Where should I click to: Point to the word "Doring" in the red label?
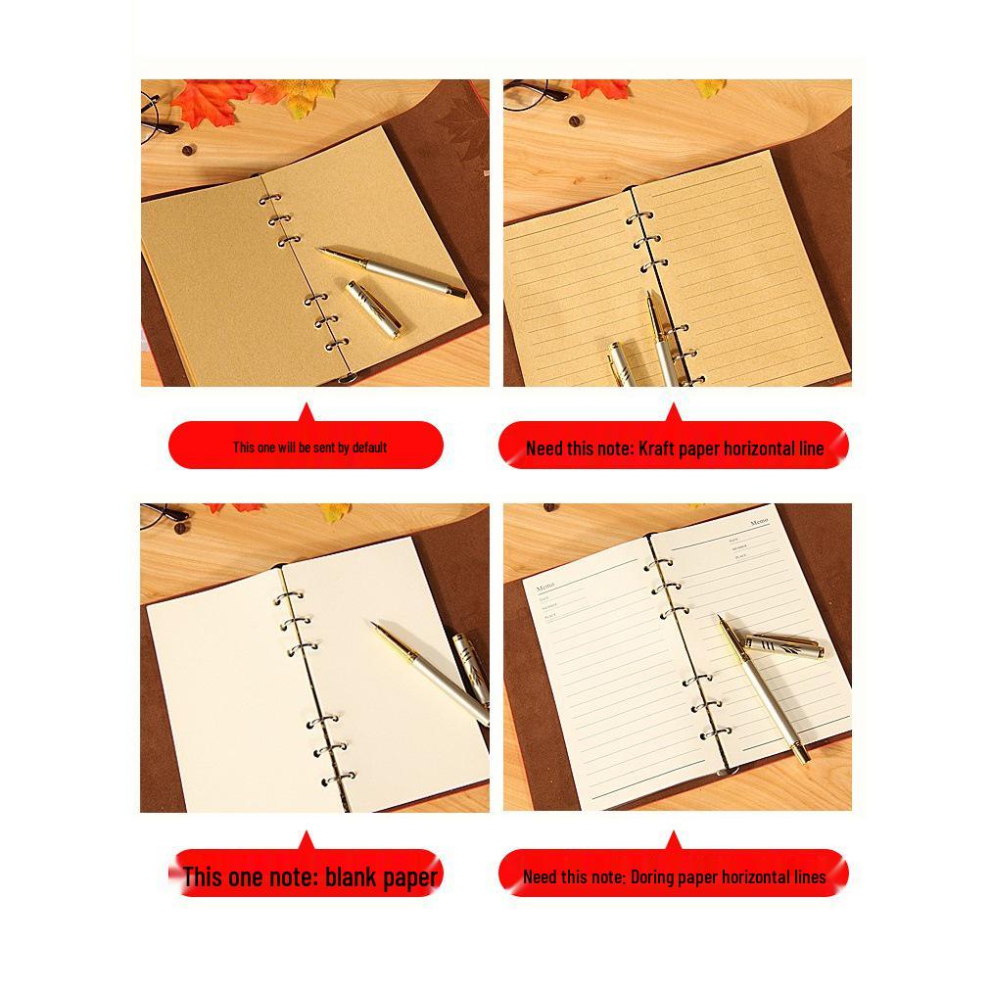[x=653, y=876]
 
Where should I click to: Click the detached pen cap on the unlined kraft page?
[x=373, y=308]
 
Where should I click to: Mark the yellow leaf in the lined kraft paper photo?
[x=711, y=88]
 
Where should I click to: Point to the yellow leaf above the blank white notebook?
[x=335, y=511]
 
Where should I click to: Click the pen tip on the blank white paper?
[x=376, y=626]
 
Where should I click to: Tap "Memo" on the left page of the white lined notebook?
[x=545, y=587]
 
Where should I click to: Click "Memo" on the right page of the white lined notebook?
[x=759, y=523]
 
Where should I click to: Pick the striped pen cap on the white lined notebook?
[x=782, y=645]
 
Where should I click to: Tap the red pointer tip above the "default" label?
[x=306, y=406]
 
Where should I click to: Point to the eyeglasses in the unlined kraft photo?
[x=157, y=112]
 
